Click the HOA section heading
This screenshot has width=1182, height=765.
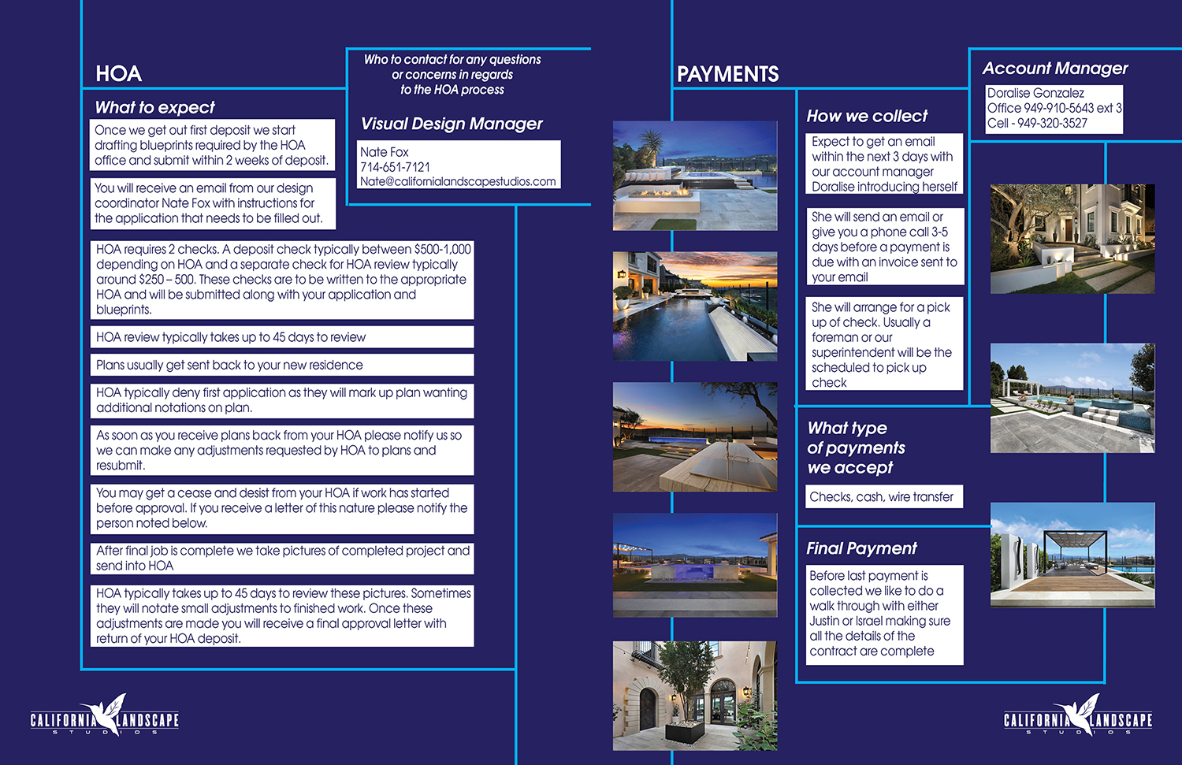118,74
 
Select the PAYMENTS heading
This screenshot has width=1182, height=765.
727,75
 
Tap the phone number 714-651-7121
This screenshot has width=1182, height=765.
395,167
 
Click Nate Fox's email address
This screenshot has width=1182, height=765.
458,181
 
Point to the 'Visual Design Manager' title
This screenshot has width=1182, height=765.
452,124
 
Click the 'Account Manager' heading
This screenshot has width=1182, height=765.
1055,69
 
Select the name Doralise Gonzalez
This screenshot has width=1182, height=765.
1035,93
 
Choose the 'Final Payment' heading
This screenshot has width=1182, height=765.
861,548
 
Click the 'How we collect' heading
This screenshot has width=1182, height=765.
867,116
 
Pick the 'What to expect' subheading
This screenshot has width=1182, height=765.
154,107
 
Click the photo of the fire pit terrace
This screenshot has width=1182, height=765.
695,176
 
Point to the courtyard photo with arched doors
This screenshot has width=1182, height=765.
695,695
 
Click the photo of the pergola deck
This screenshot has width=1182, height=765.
1072,555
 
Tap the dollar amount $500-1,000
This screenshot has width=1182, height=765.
443,250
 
